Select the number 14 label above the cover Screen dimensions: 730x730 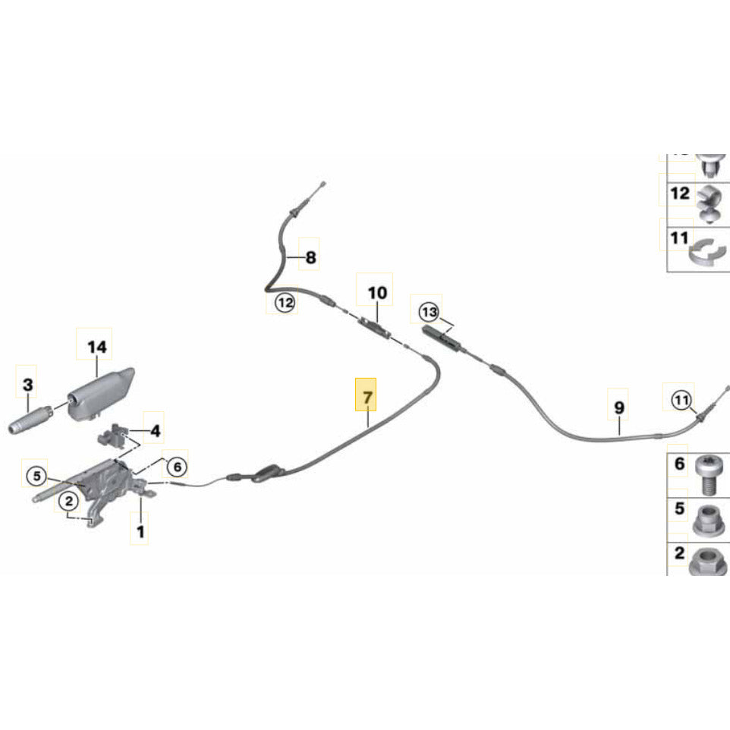coord(97,348)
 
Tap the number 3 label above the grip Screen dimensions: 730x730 coord(27,385)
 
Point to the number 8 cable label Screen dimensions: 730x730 coord(310,259)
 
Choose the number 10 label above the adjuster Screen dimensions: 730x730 coord(377,293)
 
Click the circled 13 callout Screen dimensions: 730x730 coord(429,312)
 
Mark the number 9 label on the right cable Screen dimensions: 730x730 coord(619,408)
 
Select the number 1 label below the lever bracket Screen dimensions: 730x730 coord(140,533)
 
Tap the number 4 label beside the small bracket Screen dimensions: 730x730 coord(155,432)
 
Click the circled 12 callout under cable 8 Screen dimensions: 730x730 coord(284,304)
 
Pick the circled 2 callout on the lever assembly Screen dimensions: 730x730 coord(68,501)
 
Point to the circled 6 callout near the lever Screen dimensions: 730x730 coord(175,466)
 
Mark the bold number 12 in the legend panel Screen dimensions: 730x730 coord(680,194)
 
